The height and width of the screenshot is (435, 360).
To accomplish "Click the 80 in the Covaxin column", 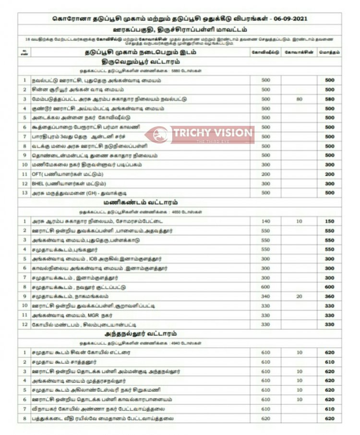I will pos(299,99).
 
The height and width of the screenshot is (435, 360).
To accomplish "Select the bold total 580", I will pos(329,99).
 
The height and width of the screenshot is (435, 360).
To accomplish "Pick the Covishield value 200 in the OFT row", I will pos(265,174).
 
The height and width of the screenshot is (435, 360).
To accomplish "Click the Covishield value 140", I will pos(265,221).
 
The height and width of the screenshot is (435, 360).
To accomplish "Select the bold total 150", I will pos(329,221).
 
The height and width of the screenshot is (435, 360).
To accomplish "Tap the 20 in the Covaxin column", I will pos(299,297).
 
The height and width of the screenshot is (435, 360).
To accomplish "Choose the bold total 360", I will pos(329,297).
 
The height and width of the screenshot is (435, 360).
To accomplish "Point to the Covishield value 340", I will pos(265,297).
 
